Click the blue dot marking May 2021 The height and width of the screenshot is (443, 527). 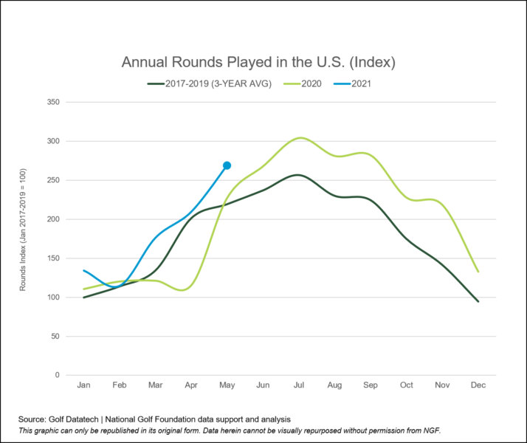tap(227, 165)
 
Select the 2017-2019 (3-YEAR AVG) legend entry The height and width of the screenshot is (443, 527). tap(210, 83)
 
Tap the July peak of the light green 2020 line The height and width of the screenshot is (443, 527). tap(300, 137)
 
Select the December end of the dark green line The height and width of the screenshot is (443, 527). tap(478, 301)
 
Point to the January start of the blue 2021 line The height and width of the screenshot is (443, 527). tap(84, 270)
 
